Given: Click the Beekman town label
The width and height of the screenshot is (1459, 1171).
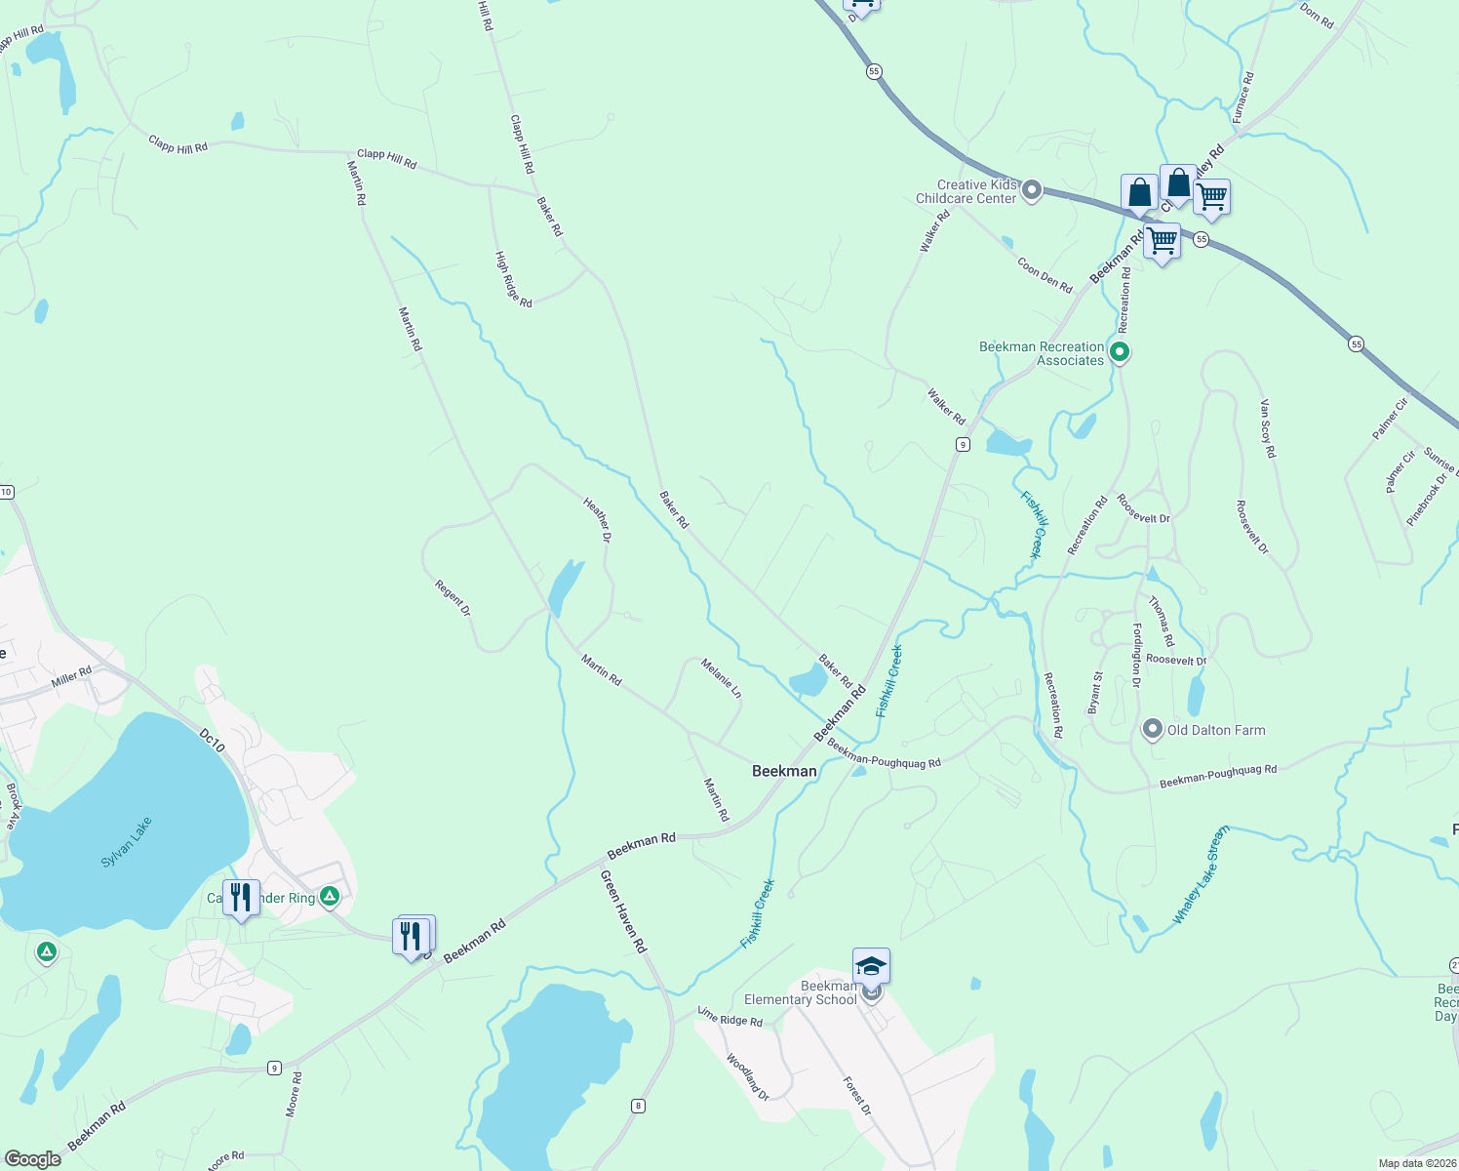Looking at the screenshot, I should point(784,771).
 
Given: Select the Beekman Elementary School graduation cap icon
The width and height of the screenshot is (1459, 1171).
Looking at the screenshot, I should point(871,966).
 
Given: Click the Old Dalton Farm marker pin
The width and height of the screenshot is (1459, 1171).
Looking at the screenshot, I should point(1153,730).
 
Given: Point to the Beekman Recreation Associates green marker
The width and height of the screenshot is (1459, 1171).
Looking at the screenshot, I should point(1120,352).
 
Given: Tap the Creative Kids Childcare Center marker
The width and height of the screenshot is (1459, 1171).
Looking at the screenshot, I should point(1032,190).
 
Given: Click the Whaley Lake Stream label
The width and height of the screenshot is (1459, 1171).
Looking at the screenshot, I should point(1201,875).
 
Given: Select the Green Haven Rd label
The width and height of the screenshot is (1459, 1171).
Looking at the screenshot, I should point(623,911).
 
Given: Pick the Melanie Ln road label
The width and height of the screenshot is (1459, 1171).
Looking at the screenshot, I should point(722,678).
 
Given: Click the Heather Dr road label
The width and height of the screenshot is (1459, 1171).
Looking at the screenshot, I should point(597,519).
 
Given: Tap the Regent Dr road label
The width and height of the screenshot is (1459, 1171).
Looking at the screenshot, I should point(453,598).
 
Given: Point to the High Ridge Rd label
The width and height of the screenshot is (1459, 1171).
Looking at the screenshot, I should point(513,280).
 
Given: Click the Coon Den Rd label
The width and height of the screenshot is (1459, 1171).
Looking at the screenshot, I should point(1045,274).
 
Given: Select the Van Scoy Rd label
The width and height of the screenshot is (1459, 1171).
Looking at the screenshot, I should point(1267,428).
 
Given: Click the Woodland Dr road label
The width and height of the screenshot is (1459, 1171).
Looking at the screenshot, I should point(748,1076).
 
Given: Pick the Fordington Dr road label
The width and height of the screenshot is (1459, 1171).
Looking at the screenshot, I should point(1136,655).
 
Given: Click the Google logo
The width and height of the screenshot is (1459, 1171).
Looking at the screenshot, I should point(32,1158).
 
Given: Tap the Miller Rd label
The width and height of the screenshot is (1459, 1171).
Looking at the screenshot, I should point(71,675).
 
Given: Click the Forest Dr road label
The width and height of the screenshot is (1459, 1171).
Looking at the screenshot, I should point(857,1096).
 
